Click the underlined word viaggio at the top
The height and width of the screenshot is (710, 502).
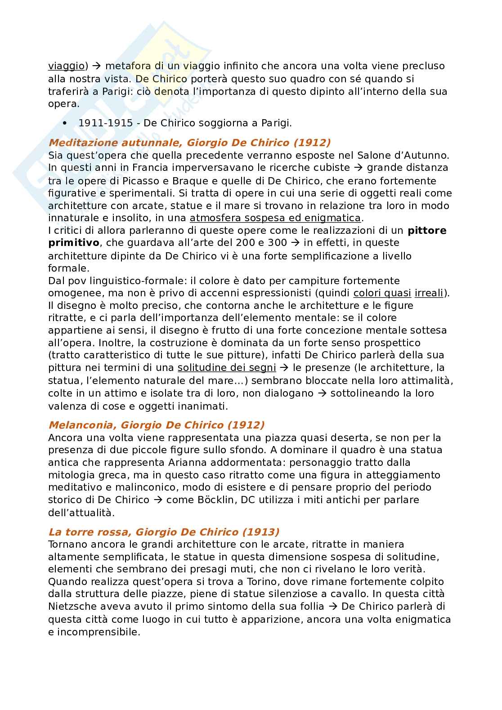coord(66,66)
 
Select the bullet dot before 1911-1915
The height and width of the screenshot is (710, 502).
coord(65,123)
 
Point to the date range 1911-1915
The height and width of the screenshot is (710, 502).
coord(106,123)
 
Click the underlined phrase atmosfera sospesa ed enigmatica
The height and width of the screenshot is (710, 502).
coord(275,218)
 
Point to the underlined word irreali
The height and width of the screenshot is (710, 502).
coord(429,293)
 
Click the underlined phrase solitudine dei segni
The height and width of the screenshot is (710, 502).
coord(227,368)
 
